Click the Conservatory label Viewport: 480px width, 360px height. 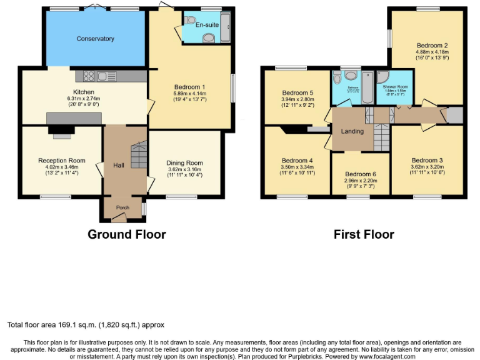pos(95,39)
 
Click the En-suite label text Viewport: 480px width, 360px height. pos(207,24)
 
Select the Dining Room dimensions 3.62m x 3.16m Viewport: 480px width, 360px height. pos(185,169)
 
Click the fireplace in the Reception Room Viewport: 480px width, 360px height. pos(61,130)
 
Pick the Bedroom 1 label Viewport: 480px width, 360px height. pos(190,87)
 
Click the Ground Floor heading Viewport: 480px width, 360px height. pos(127,234)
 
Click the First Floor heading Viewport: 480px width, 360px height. pos(364,234)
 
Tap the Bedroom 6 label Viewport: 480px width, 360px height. pos(361,174)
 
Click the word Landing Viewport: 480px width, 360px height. pos(352,131)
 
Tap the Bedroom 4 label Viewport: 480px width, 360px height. pos(297,160)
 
